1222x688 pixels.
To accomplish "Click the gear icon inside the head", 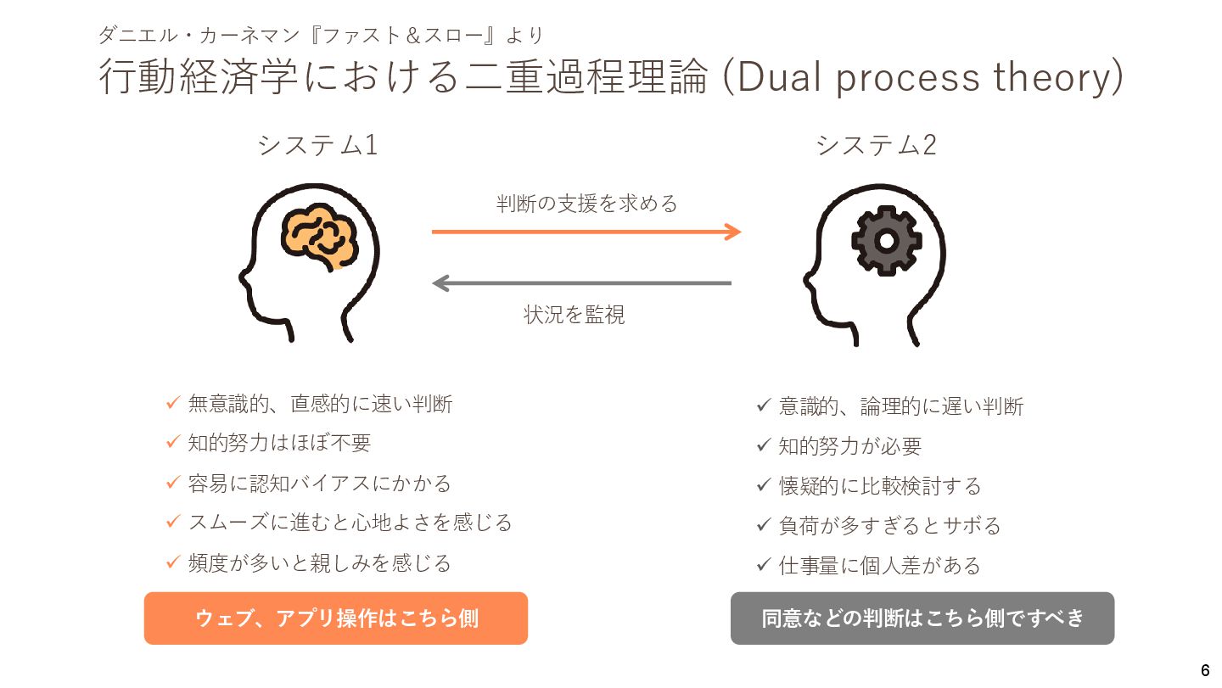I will pyautogui.click(x=885, y=241).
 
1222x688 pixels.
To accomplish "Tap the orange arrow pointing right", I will pyautogui.click(x=586, y=231).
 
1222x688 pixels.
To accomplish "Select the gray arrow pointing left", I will pyautogui.click(x=582, y=283).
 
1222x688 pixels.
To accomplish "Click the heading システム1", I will pyautogui.click(x=317, y=145).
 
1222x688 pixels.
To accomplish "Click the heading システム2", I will pyautogui.click(x=876, y=145).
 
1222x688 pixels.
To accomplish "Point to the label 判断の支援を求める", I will pyautogui.click(x=586, y=204).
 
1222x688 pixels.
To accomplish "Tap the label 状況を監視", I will pyautogui.click(x=575, y=315).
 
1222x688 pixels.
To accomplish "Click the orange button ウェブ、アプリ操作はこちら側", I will pyautogui.click(x=336, y=618).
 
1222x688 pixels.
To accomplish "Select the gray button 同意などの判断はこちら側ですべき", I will pyautogui.click(x=922, y=618).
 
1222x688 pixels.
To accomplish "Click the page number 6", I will pyautogui.click(x=1205, y=669).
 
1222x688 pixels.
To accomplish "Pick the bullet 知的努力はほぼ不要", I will pyautogui.click(x=279, y=443).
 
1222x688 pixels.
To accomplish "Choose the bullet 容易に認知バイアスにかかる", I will pyautogui.click(x=319, y=484).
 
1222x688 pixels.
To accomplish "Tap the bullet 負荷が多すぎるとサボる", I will pyautogui.click(x=889, y=526).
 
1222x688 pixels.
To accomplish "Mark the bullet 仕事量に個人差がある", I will pyautogui.click(x=879, y=565).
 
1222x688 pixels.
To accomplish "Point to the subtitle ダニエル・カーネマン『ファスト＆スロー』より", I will pyautogui.click(x=321, y=36).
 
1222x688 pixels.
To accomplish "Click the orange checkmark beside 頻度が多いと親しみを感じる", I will pyautogui.click(x=172, y=562).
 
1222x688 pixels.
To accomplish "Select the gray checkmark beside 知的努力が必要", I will pyautogui.click(x=763, y=445).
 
